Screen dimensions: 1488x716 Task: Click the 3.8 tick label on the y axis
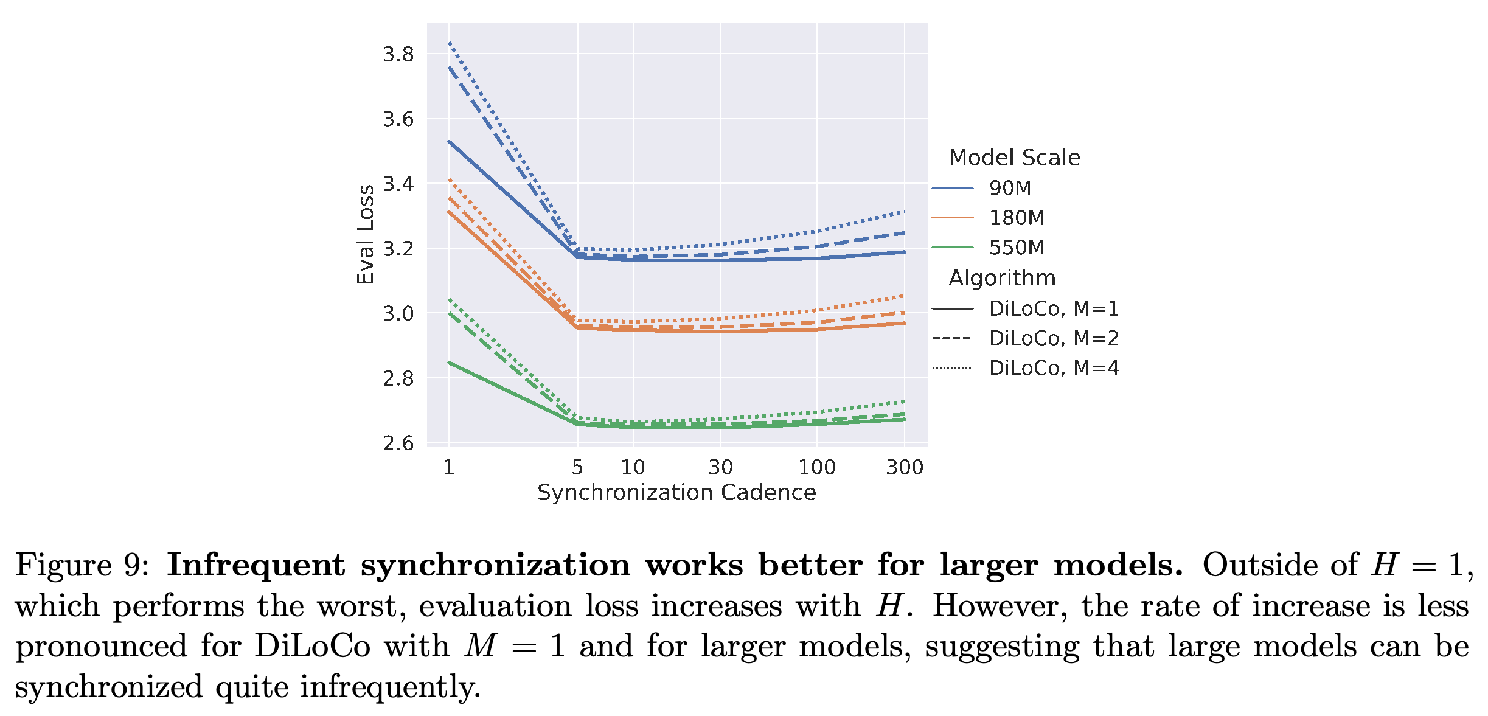point(398,55)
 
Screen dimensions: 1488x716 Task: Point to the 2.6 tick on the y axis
point(398,443)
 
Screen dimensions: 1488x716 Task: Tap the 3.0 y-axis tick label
point(398,314)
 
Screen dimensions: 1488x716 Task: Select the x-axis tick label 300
point(905,467)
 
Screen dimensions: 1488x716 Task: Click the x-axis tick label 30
point(721,467)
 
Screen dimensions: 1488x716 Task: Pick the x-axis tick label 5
point(577,467)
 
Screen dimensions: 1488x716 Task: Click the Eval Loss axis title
point(365,234)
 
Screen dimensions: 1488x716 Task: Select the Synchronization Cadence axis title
point(676,493)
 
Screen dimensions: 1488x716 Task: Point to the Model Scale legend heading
point(1015,158)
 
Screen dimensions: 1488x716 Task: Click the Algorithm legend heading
point(1003,279)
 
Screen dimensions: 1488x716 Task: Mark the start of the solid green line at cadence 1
point(449,363)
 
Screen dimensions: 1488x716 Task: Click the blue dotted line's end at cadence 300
point(905,212)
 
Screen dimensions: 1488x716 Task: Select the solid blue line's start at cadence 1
point(449,141)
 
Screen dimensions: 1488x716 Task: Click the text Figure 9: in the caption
point(83,565)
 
